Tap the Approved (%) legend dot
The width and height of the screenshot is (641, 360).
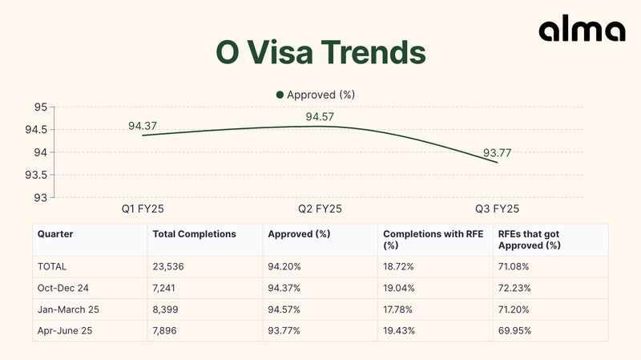280,95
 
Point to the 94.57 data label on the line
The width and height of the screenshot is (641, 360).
320,117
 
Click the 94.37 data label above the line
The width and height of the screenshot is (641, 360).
143,126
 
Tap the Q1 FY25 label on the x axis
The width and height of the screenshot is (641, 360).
143,208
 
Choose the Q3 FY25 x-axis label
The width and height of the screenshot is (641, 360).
498,208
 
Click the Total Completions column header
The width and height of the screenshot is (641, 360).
194,234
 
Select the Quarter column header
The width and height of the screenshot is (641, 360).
55,234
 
